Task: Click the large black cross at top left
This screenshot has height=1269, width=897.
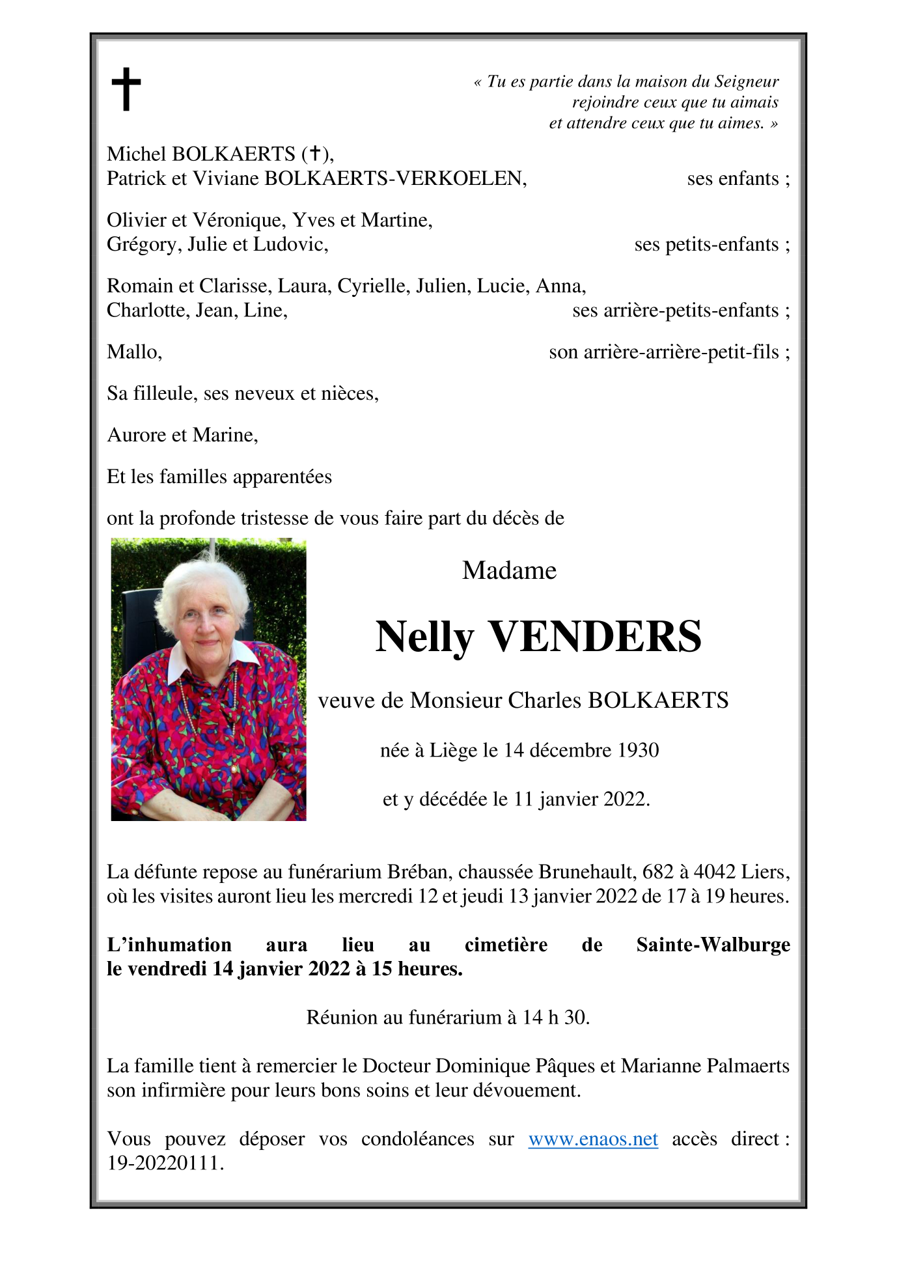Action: click(126, 89)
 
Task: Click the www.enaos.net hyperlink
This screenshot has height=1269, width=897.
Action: click(592, 1139)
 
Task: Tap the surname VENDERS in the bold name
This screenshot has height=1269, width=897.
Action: click(595, 637)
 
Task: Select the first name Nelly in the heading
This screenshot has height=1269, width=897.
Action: click(424, 637)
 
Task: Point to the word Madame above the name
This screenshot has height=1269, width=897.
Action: click(509, 570)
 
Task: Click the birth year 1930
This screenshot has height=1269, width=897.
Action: click(638, 750)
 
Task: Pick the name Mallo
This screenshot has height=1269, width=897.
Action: click(133, 352)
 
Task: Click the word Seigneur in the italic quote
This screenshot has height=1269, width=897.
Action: click(746, 81)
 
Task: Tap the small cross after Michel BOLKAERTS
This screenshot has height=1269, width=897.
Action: click(314, 154)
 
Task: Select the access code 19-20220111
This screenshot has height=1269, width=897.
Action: click(165, 1163)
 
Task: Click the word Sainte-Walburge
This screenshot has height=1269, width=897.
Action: click(713, 944)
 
